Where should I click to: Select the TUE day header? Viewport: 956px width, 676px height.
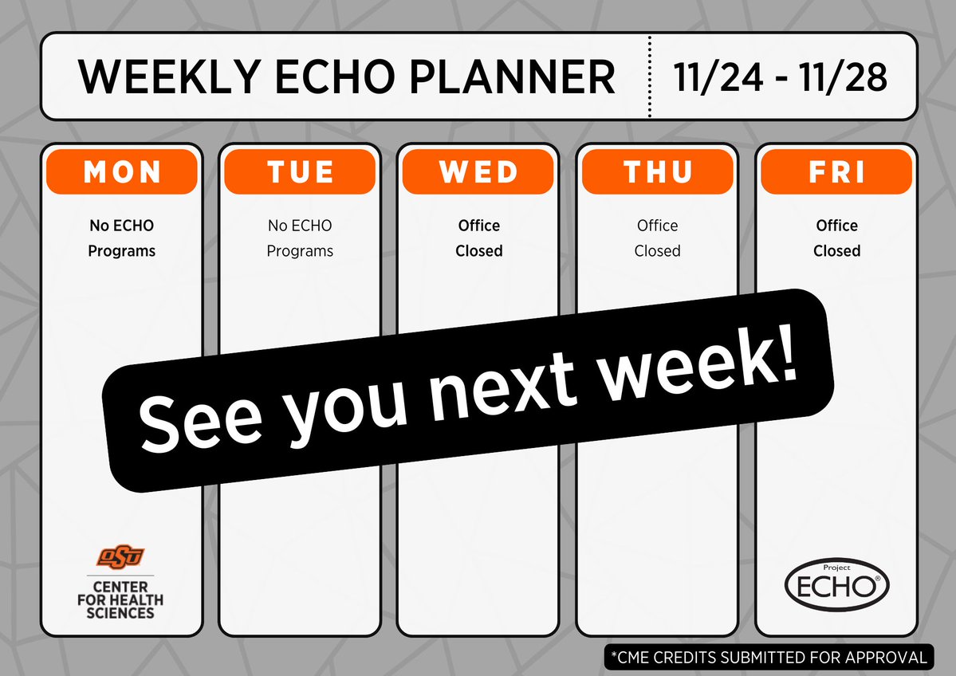[300, 172]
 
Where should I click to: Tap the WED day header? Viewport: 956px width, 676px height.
[478, 172]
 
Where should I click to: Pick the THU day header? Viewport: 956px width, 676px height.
[658, 172]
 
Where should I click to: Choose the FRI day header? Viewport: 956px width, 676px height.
[836, 172]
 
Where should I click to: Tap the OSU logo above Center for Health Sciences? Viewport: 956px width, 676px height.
[121, 556]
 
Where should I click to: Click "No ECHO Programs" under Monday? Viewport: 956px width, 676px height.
[121, 238]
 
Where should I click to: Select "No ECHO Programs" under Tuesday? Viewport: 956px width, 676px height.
[300, 238]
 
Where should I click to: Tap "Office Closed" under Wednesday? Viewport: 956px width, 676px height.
[478, 238]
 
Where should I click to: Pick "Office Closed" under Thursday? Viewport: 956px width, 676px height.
[658, 238]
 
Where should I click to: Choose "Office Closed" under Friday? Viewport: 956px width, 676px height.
[836, 238]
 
